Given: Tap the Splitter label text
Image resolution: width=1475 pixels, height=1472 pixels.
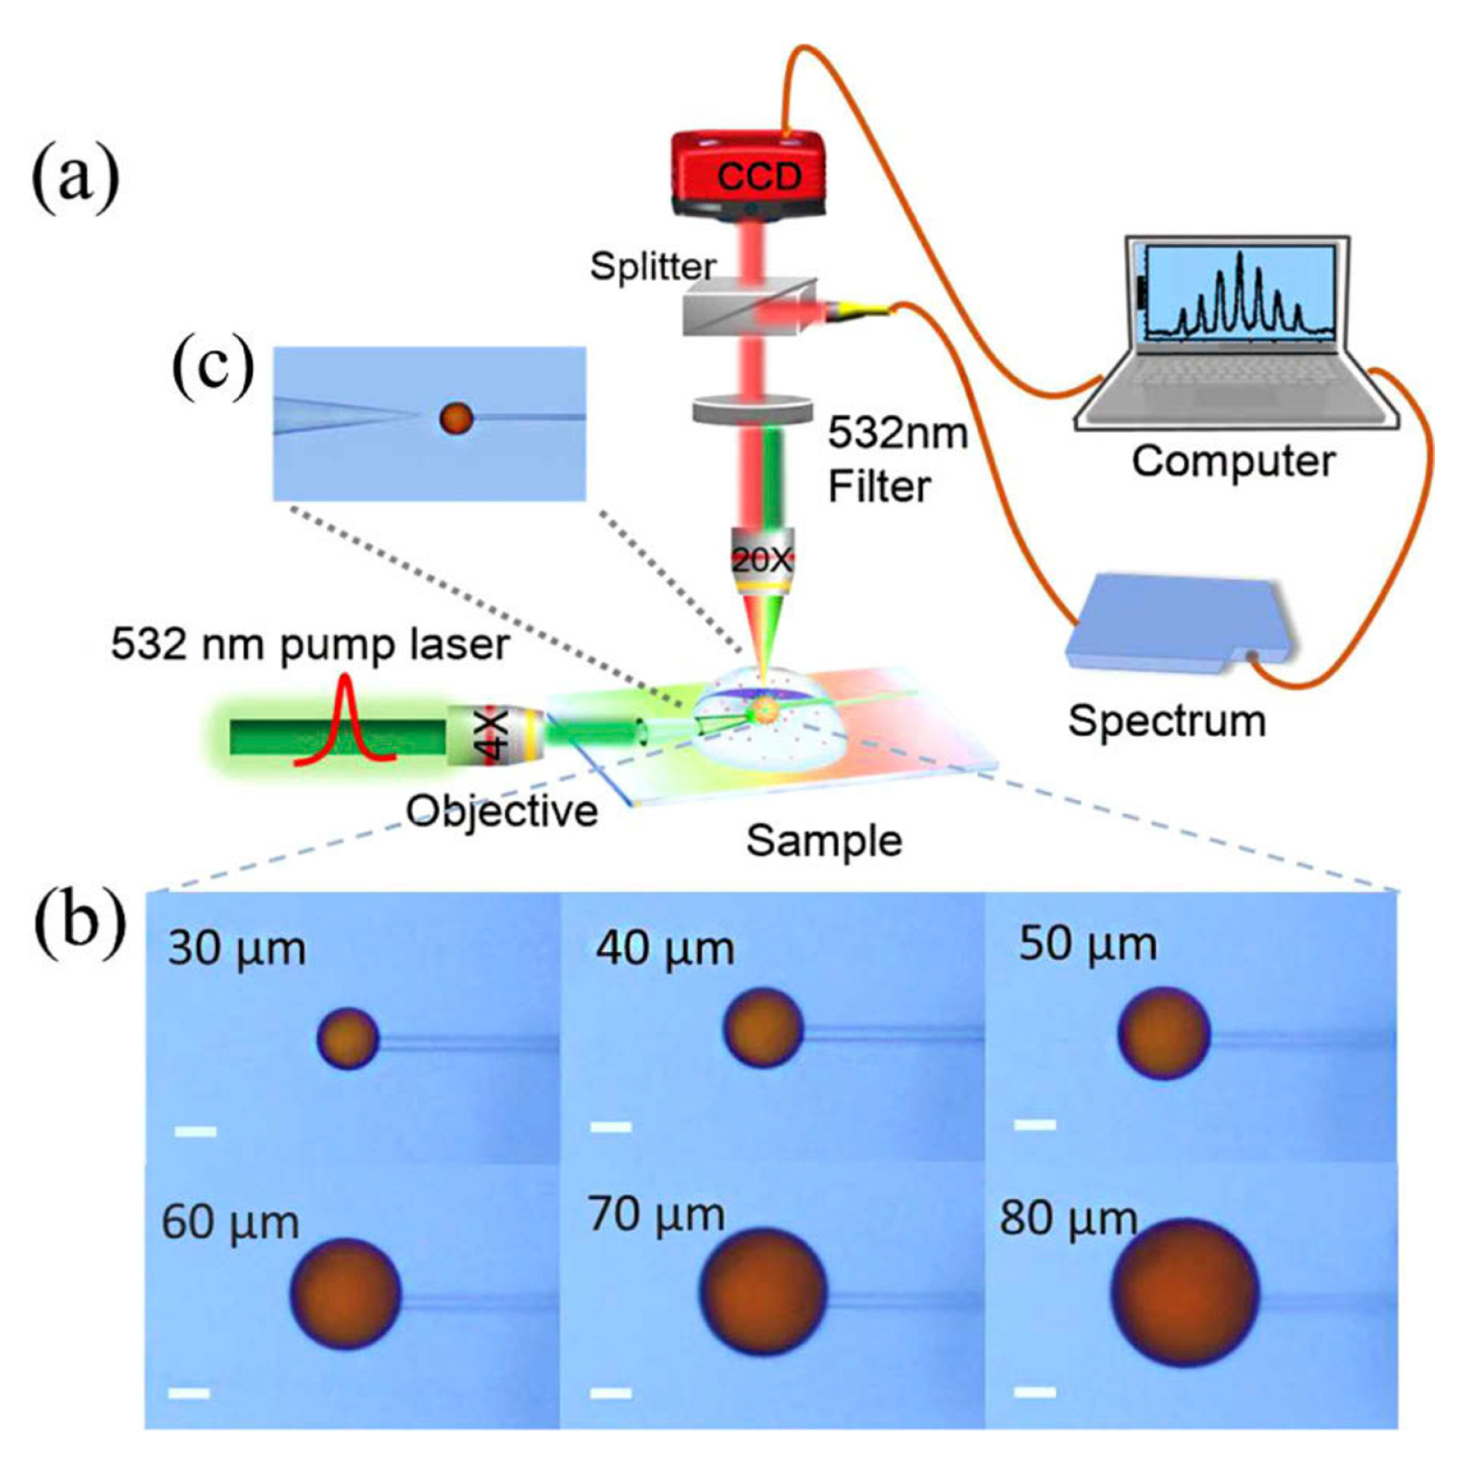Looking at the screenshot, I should coord(652,267).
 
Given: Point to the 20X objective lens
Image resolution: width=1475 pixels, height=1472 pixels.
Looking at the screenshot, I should coord(761,561).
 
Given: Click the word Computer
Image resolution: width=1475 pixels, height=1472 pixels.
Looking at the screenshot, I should coord(1233,462).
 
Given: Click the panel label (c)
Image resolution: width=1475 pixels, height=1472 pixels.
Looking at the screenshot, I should coord(213,367).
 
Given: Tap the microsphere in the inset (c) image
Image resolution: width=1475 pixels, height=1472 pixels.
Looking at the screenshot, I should coord(456,418).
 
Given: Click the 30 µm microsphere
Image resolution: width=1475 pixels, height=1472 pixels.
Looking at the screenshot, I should coord(348,1037).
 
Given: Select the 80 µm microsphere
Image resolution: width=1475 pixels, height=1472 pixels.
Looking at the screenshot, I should coord(1185,1292).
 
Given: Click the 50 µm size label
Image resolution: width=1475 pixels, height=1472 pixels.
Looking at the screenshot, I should coord(1087,944).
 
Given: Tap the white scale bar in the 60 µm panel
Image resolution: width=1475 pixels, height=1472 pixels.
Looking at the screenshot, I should coord(189,1393).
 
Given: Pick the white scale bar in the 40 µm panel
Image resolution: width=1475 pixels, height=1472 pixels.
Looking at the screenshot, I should coord(610,1127).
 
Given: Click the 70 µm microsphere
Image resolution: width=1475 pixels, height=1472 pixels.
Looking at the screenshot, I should coord(763,1291).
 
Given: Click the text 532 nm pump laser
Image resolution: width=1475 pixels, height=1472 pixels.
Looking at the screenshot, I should coord(310,645).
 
